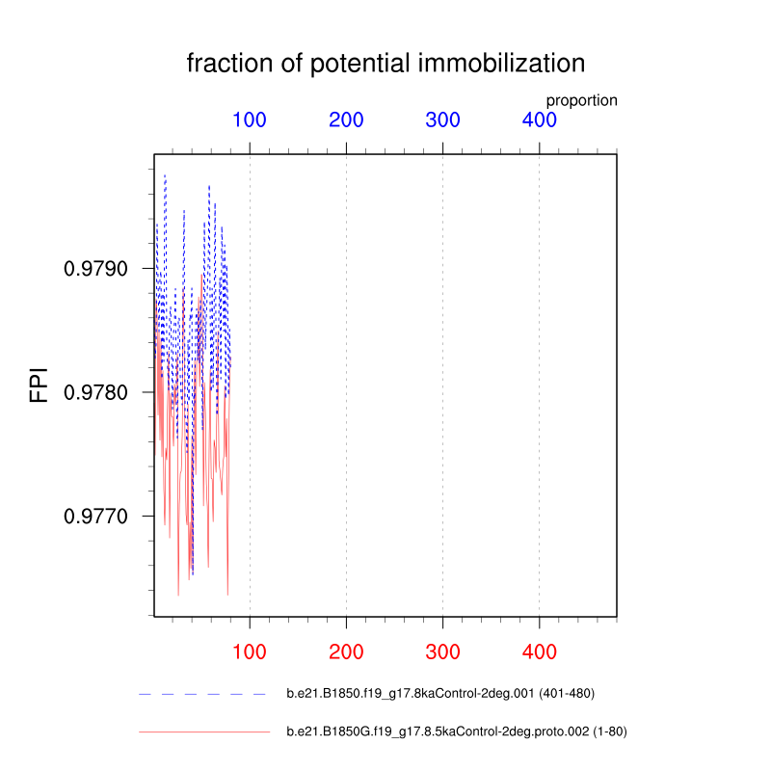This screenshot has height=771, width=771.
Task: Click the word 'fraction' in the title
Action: pos(229,63)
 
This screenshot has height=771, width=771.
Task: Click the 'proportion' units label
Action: pos(582,100)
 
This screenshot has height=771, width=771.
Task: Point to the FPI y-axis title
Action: pos(39,385)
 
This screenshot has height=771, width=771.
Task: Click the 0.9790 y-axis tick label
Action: pos(95,269)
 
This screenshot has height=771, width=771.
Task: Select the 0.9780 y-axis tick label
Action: pos(95,392)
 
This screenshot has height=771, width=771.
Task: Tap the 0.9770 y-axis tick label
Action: pos(95,517)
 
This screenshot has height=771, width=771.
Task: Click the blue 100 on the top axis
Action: pos(250,120)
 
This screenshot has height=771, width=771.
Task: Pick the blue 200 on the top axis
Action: pos(346,120)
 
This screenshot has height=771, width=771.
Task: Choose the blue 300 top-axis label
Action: pos(442,120)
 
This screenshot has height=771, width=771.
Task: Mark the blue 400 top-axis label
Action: pos(540,120)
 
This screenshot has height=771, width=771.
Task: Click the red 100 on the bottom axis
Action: pos(250,652)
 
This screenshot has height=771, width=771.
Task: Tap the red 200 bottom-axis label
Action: pos(346,652)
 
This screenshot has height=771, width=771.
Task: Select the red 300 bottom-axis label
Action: pos(442,652)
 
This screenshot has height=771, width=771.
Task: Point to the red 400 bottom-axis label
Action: pos(540,652)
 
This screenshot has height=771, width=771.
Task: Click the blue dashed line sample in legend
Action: pos(202,694)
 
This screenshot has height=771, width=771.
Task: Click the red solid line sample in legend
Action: pos(204,732)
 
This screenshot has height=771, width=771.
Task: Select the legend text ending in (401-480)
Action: pos(440,693)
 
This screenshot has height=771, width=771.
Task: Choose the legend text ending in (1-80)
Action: pos(457,731)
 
